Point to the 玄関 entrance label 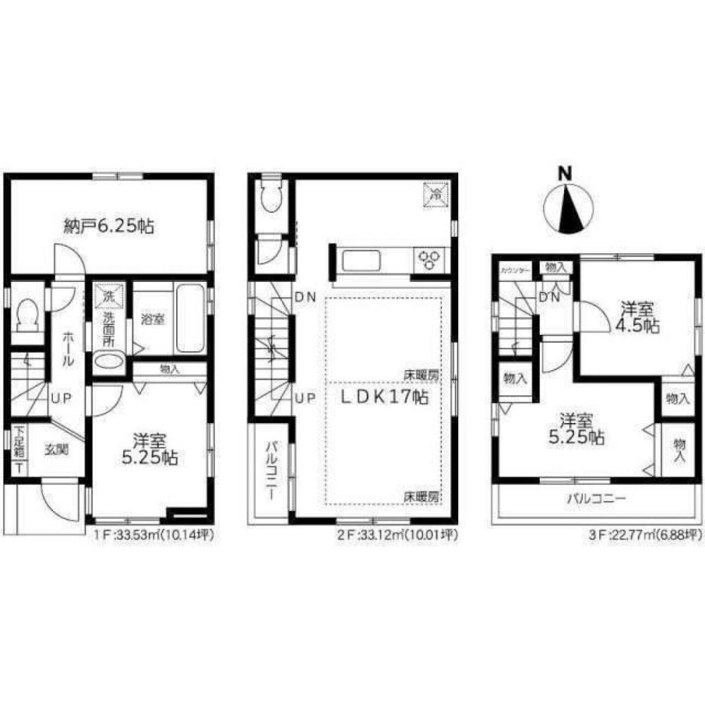pyautogui.click(x=58, y=450)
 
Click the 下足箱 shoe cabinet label pyautogui.click(x=20, y=440)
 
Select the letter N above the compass pyautogui.click(x=564, y=172)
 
